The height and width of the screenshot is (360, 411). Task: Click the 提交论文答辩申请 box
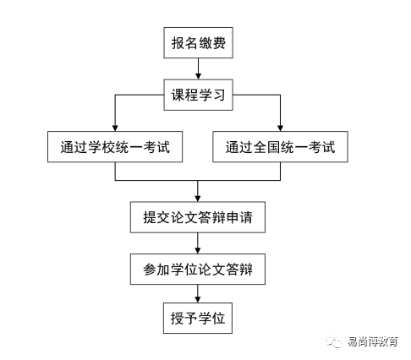[197, 219]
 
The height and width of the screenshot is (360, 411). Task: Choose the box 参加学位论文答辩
[197, 270]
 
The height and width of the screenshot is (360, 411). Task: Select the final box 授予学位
[197, 320]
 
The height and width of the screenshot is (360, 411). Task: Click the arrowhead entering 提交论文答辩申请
[197, 197]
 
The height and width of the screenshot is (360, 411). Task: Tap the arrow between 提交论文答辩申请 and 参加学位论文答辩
[197, 244]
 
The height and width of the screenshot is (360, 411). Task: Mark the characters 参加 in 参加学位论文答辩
[155, 270]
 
